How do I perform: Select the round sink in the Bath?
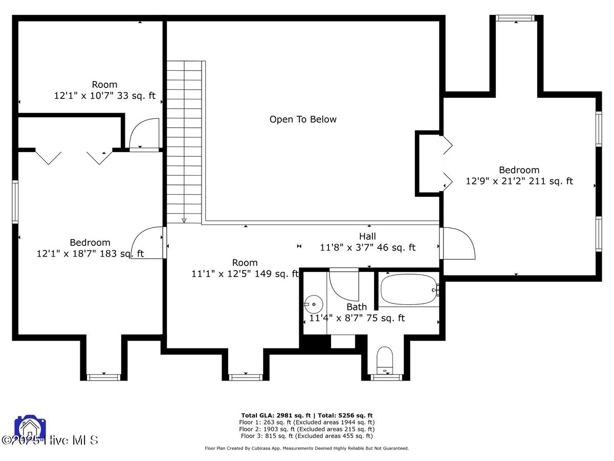tap(313, 304)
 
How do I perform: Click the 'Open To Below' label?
tap(303, 119)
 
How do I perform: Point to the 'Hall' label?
tap(367, 236)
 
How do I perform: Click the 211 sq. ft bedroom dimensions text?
tap(519, 181)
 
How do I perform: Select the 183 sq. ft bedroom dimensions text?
tap(90, 254)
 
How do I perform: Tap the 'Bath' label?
tap(356, 307)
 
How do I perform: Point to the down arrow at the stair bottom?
tap(184, 220)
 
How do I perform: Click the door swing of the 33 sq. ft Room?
tap(144, 134)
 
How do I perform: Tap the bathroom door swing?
tap(344, 284)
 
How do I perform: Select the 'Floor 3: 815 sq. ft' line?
tap(307, 436)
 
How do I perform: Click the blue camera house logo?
tap(30, 428)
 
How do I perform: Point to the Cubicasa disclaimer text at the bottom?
tap(307, 448)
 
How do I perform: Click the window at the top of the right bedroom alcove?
tap(515, 18)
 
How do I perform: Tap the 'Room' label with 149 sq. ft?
tap(245, 263)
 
